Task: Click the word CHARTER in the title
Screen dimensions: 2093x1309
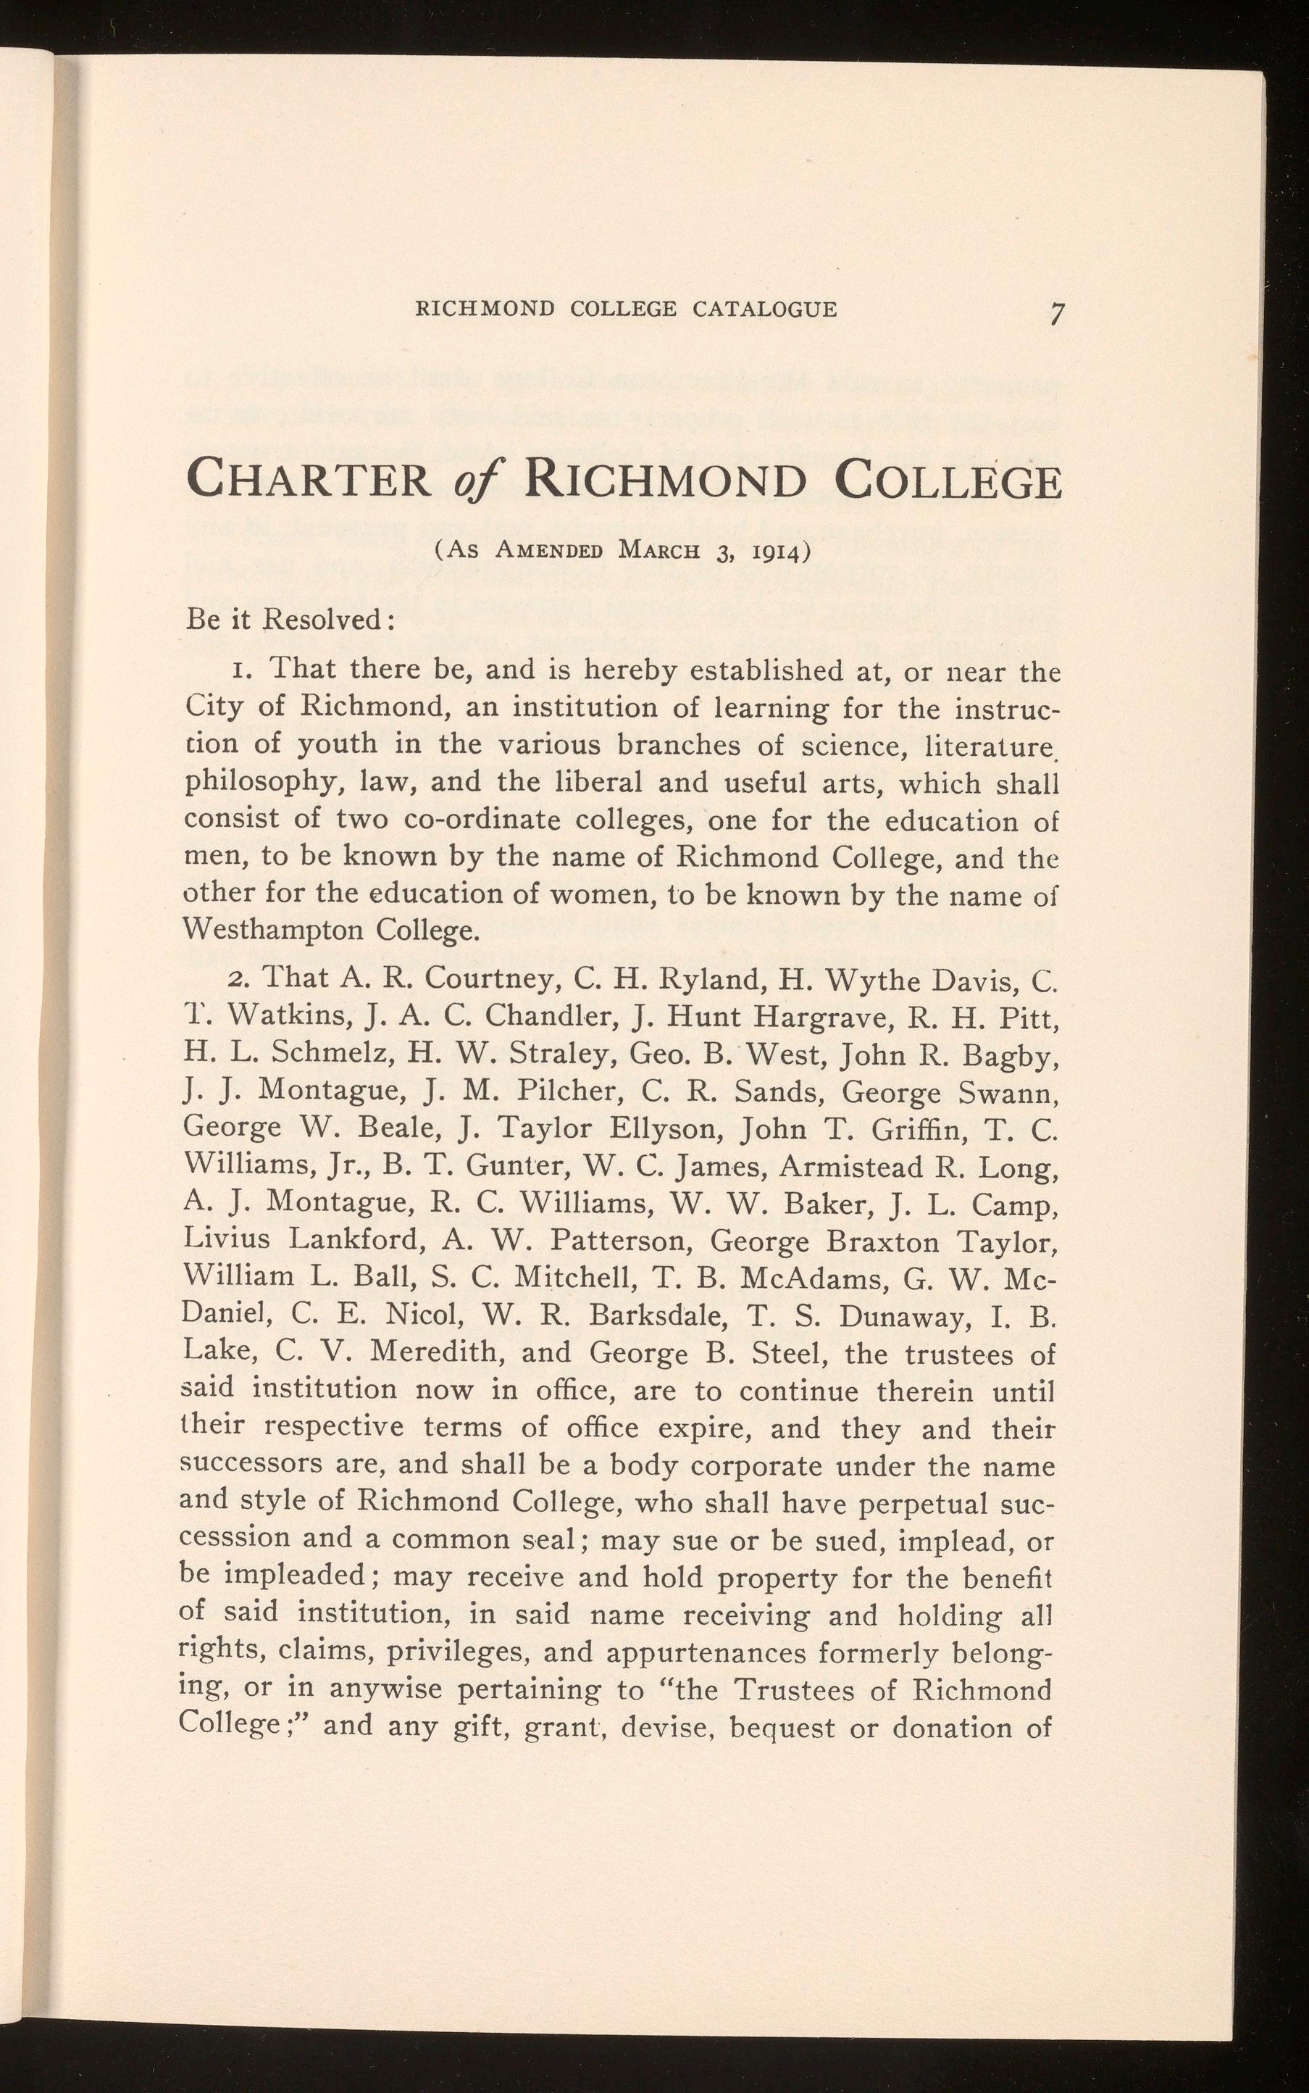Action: point(309,480)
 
